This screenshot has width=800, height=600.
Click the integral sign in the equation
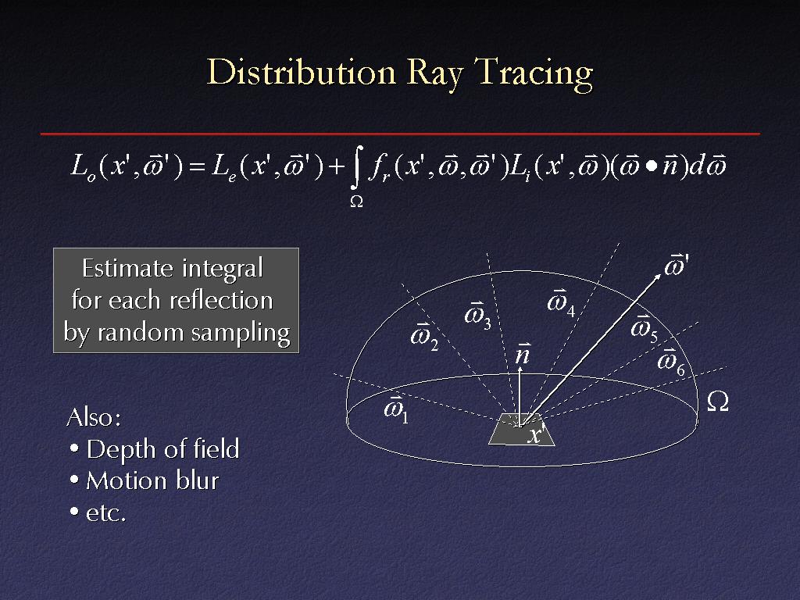coord(357,167)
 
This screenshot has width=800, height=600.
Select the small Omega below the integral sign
coord(356,202)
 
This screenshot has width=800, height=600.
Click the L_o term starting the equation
coord(83,167)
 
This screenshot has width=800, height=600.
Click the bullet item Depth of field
coord(155,449)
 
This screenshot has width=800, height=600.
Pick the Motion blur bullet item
coord(145,480)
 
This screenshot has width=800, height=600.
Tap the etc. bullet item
coord(98,512)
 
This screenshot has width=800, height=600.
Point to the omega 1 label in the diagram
coord(396,408)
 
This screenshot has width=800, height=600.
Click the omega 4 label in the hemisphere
coord(561,302)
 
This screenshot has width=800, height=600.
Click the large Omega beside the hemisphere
coord(718,402)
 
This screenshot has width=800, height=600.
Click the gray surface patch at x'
coord(521,430)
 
